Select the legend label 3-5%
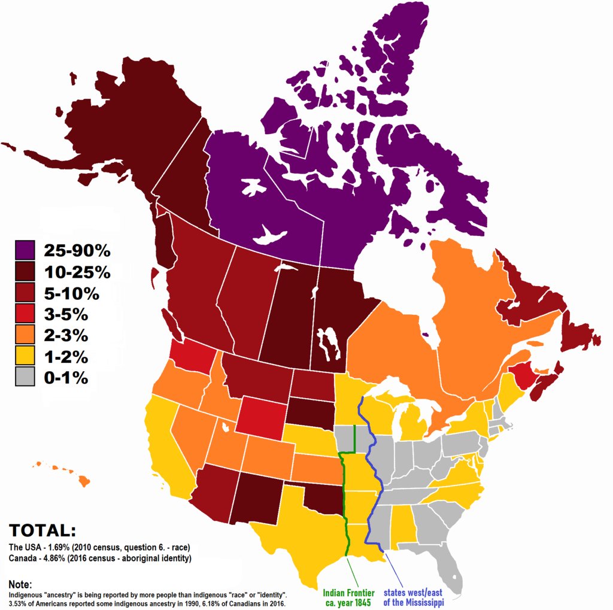click(66, 315)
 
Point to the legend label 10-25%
click(77, 272)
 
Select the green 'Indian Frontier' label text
click(349, 593)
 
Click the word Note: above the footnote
click(20, 584)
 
